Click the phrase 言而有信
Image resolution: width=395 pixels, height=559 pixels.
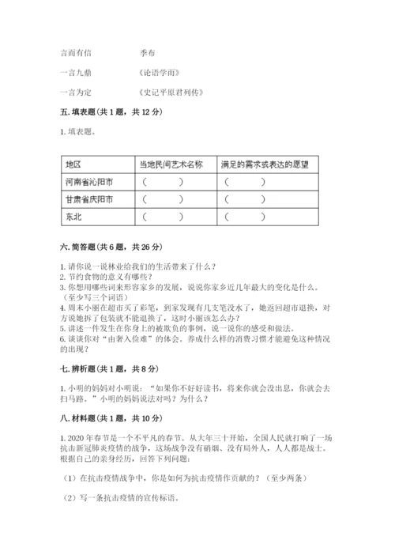pos(76,53)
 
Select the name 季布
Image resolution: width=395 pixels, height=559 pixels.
pos(146,53)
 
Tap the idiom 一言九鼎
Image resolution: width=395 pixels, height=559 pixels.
pos(76,73)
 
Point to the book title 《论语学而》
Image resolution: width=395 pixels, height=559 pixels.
pos(158,73)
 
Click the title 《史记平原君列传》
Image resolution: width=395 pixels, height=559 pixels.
pos(170,93)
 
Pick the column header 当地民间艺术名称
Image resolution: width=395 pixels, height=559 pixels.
pos(171,164)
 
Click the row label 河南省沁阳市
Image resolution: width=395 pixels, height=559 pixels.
pos(88,182)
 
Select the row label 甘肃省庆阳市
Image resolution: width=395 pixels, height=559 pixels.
pos(88,199)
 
